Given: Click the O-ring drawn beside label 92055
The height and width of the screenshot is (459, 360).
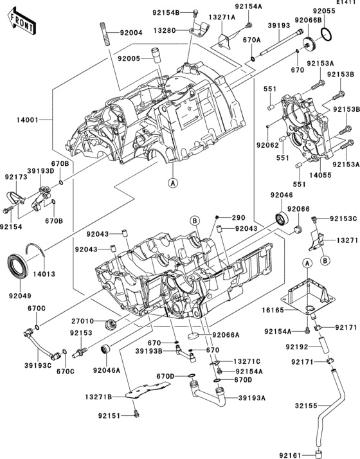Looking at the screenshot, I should [x=326, y=33].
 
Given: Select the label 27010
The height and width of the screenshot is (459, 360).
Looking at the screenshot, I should [x=82, y=319].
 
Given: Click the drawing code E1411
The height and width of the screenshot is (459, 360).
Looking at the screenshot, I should [x=344, y=4].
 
